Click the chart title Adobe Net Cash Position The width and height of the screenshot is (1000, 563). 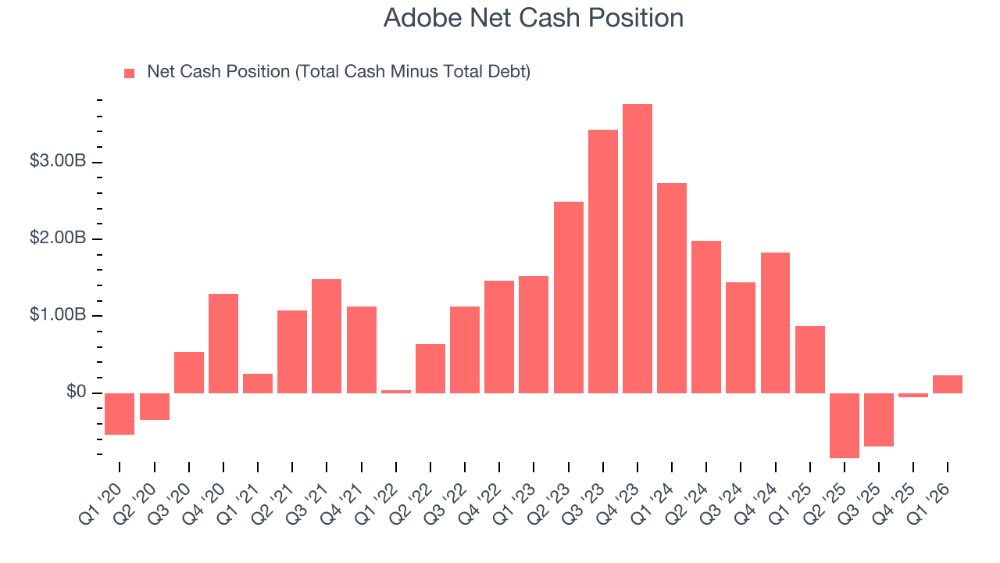[x=533, y=18]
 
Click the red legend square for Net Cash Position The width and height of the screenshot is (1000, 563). [x=130, y=73]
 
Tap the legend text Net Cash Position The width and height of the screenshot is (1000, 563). [x=338, y=72]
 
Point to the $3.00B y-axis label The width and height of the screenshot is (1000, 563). [x=58, y=161]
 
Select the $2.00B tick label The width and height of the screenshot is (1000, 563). [x=58, y=238]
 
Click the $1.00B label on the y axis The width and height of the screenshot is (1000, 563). [x=58, y=314]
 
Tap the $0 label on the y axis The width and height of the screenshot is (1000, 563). [x=76, y=391]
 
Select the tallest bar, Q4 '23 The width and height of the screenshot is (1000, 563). [x=637, y=249]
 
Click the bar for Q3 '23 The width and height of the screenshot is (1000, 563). [x=602, y=261]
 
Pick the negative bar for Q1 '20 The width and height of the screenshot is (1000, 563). [x=120, y=414]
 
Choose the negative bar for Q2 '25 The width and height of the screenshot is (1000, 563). [x=844, y=425]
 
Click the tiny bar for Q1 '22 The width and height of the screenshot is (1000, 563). [x=396, y=391]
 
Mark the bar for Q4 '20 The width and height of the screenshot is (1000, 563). [x=223, y=343]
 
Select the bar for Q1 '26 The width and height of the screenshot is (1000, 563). [x=948, y=384]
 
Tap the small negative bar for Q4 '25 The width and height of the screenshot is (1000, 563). [x=913, y=395]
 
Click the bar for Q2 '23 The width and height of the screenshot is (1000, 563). [x=568, y=297]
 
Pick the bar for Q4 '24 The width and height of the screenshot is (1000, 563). [x=775, y=322]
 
